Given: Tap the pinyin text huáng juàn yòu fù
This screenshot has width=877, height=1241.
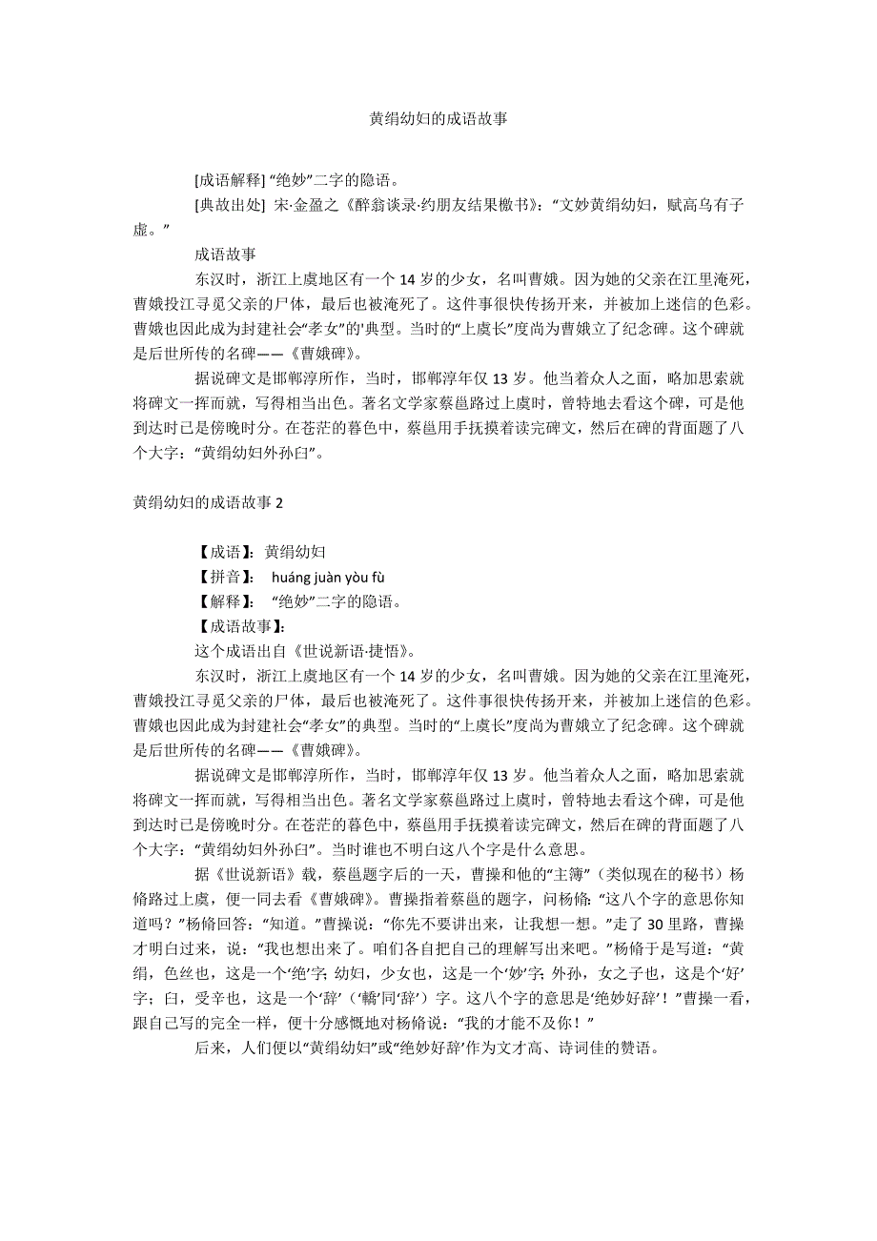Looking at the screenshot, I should pyautogui.click(x=328, y=577).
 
